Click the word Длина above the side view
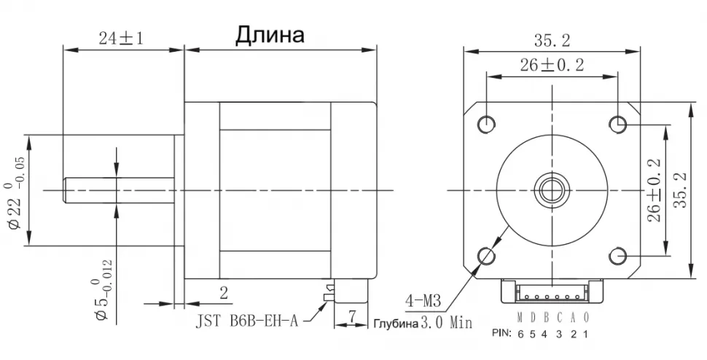click(x=269, y=35)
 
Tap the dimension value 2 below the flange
click(x=223, y=293)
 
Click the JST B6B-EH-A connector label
click(x=246, y=321)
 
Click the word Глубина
click(x=397, y=323)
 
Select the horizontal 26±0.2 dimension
click(x=552, y=65)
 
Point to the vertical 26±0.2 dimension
click(x=654, y=191)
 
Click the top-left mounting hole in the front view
click(x=487, y=123)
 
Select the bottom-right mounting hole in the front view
click(x=618, y=255)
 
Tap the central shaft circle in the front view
click(x=552, y=190)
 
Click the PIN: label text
click(x=502, y=334)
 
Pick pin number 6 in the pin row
click(x=520, y=334)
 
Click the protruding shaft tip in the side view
click(x=68, y=190)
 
